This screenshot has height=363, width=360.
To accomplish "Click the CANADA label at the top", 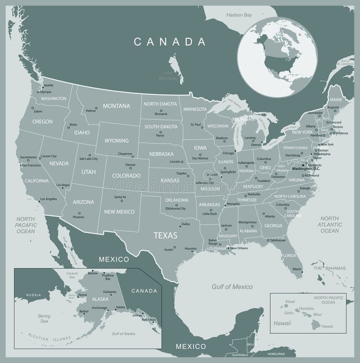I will click(170, 42).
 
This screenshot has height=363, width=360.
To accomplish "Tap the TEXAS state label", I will click(166, 235).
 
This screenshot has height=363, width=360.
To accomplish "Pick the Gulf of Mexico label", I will click(232, 287).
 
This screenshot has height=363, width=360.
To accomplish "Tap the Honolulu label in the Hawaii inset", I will click(306, 308).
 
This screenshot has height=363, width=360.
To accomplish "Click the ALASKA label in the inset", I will click(86, 298).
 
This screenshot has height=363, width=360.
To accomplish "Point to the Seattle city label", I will click(48, 85).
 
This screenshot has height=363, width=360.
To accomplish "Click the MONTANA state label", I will click(116, 106).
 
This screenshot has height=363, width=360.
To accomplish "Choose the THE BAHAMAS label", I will click(329, 268).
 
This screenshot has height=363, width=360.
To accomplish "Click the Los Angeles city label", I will click(48, 199).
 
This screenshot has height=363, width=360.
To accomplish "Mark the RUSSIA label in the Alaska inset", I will click(33, 295).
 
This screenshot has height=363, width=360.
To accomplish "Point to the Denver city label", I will click(130, 165).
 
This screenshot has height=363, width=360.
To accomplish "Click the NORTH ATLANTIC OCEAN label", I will click(330, 224).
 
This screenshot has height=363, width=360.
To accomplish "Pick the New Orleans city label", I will click(239, 248).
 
